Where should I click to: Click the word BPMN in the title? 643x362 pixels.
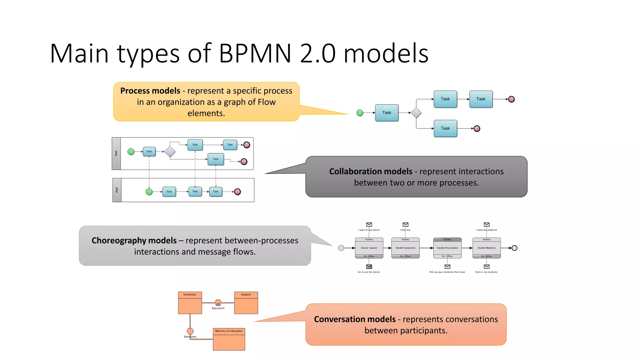click(255, 53)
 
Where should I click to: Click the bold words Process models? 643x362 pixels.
click(150, 91)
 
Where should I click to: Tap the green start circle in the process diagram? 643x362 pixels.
click(360, 113)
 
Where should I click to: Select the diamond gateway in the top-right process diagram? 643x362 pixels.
click(416, 113)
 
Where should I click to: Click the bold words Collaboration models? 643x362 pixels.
click(370, 171)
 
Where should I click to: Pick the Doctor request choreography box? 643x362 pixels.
click(369, 248)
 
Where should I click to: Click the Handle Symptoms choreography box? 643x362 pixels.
click(405, 248)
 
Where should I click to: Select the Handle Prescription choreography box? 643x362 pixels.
click(447, 248)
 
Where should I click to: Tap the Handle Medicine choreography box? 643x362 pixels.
click(486, 248)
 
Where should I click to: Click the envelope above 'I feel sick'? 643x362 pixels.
click(405, 224)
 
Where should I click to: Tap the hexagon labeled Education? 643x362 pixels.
click(218, 303)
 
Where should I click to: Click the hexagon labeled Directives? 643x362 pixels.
click(190, 331)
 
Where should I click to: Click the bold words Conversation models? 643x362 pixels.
click(355, 319)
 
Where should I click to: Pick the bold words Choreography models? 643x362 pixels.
click(134, 240)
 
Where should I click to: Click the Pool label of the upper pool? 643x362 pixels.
click(116, 154)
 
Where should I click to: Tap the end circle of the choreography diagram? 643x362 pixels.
click(514, 248)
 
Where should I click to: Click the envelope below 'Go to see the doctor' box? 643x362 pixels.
click(369, 266)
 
